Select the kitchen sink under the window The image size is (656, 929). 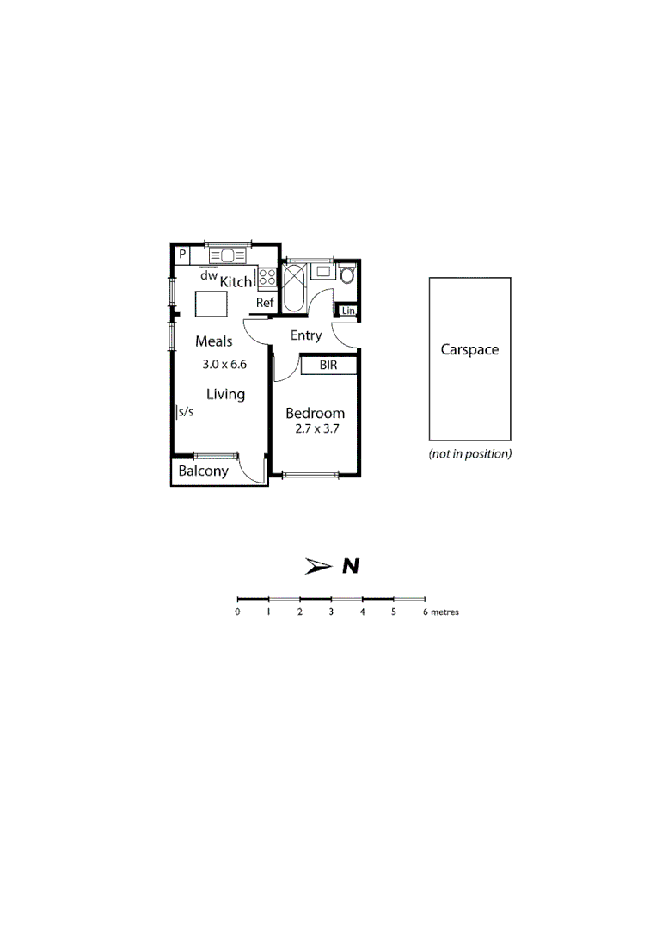point(227,255)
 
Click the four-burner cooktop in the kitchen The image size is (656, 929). point(267,277)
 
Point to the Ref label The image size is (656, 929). point(265,303)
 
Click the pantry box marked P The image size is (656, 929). point(183,255)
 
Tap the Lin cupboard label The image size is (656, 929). point(348,311)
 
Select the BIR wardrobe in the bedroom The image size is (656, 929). point(328,366)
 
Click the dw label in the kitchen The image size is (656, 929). point(208,276)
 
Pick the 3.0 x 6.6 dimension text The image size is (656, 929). point(224,364)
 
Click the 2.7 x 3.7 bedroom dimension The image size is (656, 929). point(315,428)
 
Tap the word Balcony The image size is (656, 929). point(203,471)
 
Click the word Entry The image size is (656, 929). point(306,335)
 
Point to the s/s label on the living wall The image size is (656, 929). point(186,412)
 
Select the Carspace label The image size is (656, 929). point(469,350)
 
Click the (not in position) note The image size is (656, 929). point(469,454)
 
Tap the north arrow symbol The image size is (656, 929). point(319,566)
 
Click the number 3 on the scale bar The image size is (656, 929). point(331,612)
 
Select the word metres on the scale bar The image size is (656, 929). point(445,612)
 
